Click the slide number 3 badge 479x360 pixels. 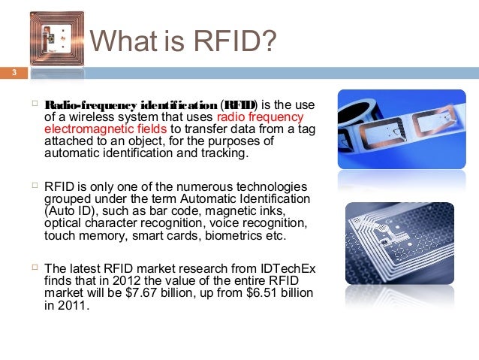(13, 73)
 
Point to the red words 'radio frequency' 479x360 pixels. (260, 116)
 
